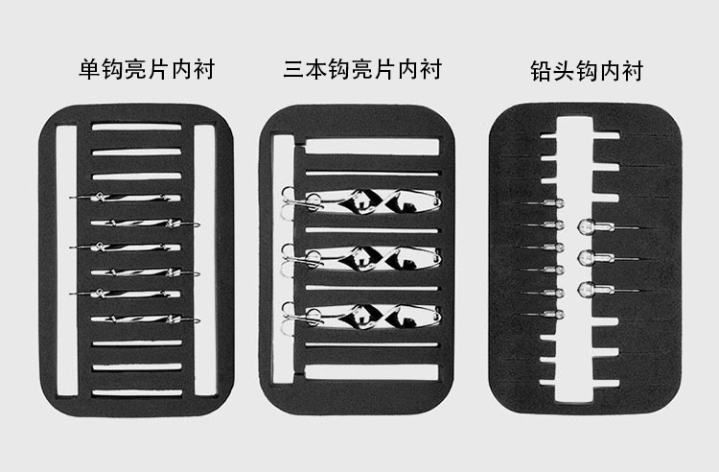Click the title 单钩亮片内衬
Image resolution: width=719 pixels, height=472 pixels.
[147, 70]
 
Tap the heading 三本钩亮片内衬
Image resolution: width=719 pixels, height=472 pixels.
[362, 70]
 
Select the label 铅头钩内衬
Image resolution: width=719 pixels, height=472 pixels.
[587, 71]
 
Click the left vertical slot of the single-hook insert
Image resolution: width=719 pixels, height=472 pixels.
[66, 261]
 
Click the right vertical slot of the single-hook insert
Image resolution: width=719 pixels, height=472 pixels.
[204, 260]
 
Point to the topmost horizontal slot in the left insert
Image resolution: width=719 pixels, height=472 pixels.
[137, 127]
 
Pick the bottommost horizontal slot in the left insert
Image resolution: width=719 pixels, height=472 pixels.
[137, 392]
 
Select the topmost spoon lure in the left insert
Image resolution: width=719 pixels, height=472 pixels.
[126, 198]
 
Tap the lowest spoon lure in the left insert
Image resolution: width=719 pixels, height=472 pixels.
[146, 319]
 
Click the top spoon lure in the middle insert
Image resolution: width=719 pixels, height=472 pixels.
[362, 201]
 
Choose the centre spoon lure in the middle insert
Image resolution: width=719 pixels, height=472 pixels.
[362, 259]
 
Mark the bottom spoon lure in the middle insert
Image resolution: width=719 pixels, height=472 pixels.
[362, 317]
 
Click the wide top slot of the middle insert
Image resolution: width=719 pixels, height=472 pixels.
[372, 147]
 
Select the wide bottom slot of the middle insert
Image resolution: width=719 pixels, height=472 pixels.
[372, 372]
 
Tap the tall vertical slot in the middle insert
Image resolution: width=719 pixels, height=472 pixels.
[284, 259]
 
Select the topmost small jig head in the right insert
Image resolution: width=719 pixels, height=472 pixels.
[542, 202]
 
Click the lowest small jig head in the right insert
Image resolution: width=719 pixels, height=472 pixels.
[542, 315]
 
